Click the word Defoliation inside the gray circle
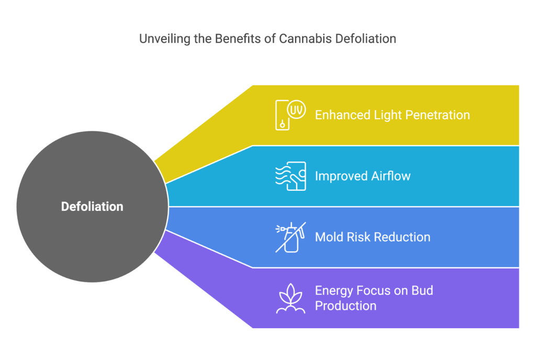pos(92,207)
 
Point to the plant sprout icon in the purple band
pos(291,298)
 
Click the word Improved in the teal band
pos(340,176)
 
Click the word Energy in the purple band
pos(333,291)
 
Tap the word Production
pos(345,306)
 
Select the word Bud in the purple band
pos(422,290)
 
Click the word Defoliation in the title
pos(365,39)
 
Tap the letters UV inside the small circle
pos(297,109)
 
